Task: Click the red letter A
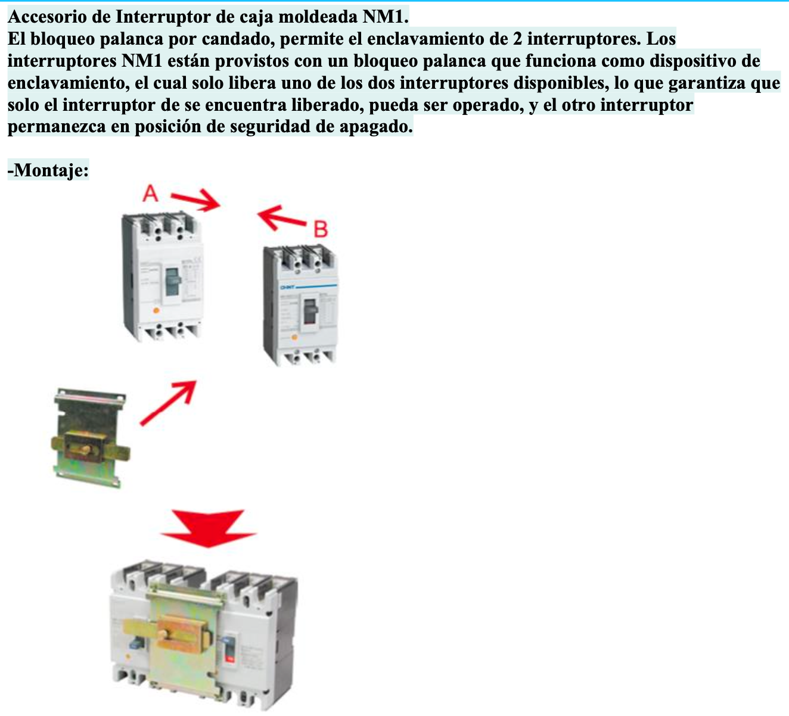[151, 193]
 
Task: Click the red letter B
[321, 229]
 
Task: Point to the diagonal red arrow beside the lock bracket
[169, 403]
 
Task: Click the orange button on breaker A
[156, 310]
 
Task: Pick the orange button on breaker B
[293, 338]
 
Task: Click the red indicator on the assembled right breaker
[229, 658]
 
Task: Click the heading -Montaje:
[48, 170]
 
